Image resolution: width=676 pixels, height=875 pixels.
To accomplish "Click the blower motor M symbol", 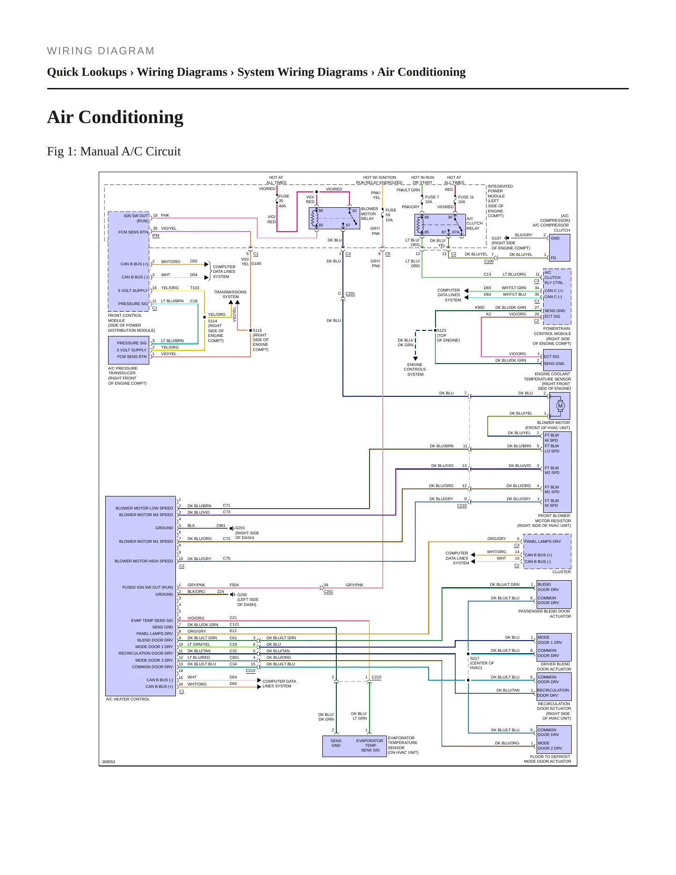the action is (560, 406).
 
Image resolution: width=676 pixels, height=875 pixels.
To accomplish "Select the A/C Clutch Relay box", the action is (440, 225).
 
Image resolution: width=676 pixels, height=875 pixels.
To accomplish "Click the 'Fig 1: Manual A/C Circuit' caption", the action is (114, 151).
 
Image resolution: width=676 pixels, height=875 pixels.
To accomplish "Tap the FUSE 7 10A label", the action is (432, 199).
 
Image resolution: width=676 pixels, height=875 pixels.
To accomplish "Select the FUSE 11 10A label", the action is (465, 199).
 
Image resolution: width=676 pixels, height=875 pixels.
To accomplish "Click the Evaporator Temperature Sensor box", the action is (355, 746).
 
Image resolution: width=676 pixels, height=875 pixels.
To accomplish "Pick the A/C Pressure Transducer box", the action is (129, 350).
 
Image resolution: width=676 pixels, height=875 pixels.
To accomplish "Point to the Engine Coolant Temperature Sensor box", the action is (557, 360).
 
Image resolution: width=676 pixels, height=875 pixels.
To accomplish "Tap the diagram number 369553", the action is (109, 762).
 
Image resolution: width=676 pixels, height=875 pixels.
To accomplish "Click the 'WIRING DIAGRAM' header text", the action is (101, 51).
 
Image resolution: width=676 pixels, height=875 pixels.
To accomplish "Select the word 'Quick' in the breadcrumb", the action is (64, 72).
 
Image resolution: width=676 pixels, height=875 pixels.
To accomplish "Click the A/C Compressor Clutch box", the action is (560, 248).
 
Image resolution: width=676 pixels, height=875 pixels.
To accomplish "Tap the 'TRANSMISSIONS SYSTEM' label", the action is (230, 294).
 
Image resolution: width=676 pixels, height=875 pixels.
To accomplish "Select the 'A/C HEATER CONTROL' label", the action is (128, 699).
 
